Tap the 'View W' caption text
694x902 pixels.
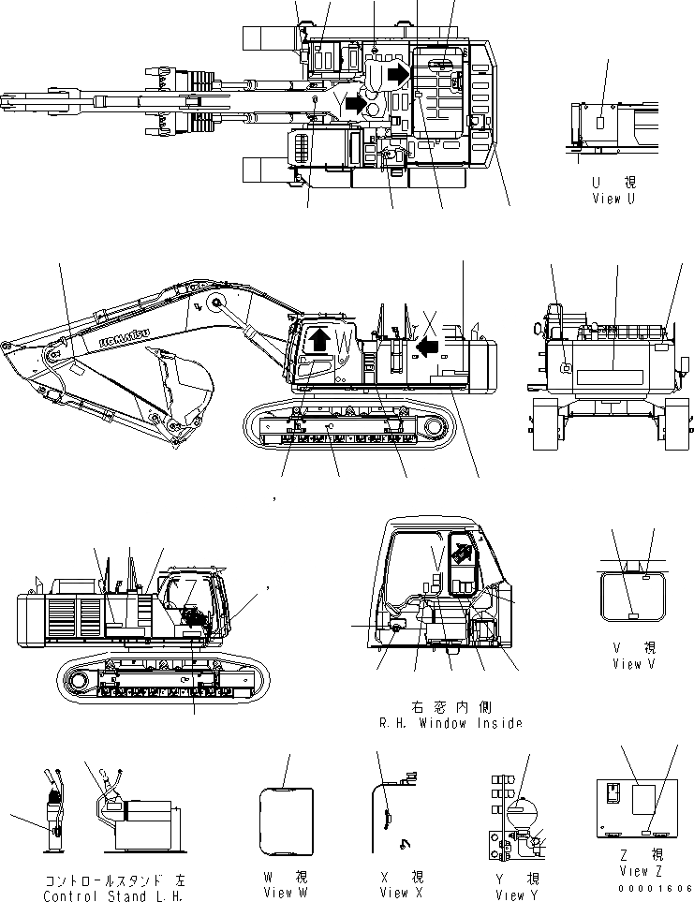click(285, 892)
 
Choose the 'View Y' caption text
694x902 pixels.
click(517, 895)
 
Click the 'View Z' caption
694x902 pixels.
click(640, 871)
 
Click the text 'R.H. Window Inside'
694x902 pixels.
click(450, 722)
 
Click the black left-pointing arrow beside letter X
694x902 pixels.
click(427, 348)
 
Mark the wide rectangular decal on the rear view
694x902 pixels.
click(612, 376)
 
